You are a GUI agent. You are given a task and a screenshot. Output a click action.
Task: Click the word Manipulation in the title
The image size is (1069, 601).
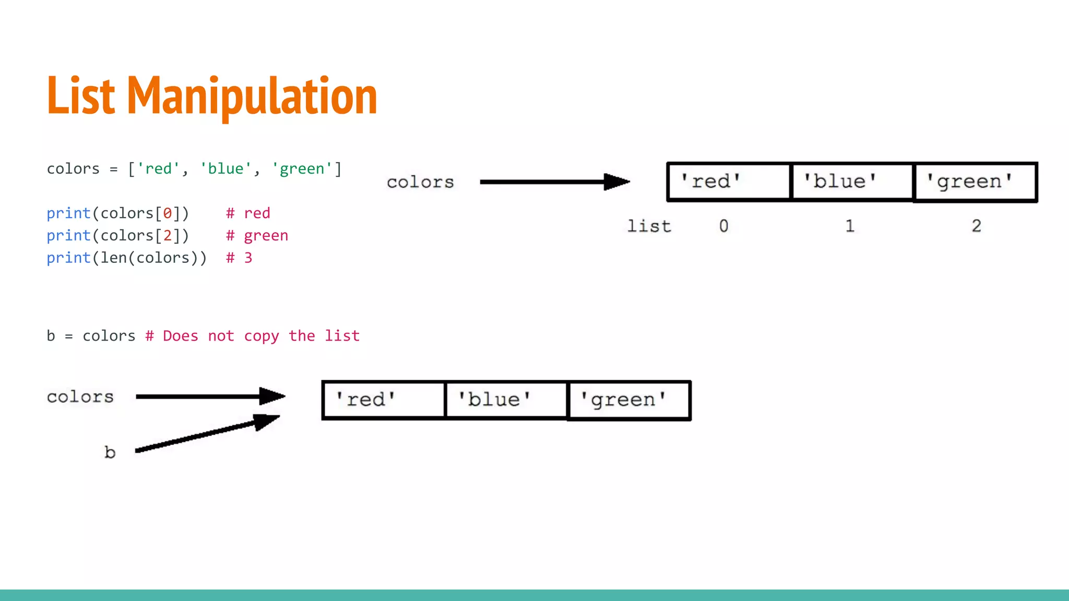(252, 96)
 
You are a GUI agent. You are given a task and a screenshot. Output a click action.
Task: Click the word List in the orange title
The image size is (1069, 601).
(81, 96)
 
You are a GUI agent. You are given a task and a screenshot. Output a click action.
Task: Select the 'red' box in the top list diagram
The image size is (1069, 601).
(729, 182)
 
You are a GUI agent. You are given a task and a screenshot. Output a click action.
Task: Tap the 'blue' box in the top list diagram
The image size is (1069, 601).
(852, 182)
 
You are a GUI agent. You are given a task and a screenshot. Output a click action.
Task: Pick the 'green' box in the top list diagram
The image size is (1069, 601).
(975, 182)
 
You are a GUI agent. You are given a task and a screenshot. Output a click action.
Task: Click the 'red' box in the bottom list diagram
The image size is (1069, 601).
(384, 400)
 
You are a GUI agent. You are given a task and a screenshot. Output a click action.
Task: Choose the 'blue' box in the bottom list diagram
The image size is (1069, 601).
(506, 400)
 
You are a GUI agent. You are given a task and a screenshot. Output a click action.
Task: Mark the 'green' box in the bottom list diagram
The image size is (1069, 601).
(629, 400)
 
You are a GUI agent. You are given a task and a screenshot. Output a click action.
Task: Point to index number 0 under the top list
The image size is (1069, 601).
(723, 226)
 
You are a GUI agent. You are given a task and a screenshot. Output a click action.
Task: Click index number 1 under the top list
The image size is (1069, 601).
(850, 226)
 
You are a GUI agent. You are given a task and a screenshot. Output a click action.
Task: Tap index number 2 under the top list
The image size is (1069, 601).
(976, 226)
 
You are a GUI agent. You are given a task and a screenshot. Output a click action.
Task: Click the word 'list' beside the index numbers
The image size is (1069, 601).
(649, 226)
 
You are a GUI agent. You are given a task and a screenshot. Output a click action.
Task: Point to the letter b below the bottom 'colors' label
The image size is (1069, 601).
(110, 452)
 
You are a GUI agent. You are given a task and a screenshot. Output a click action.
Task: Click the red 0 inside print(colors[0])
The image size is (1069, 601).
(168, 213)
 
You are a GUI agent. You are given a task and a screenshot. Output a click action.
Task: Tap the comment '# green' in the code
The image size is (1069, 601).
(257, 236)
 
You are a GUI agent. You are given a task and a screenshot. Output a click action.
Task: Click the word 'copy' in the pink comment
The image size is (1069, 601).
(262, 336)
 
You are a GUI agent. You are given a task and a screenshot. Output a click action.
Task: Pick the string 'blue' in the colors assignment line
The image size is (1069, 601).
(225, 169)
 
